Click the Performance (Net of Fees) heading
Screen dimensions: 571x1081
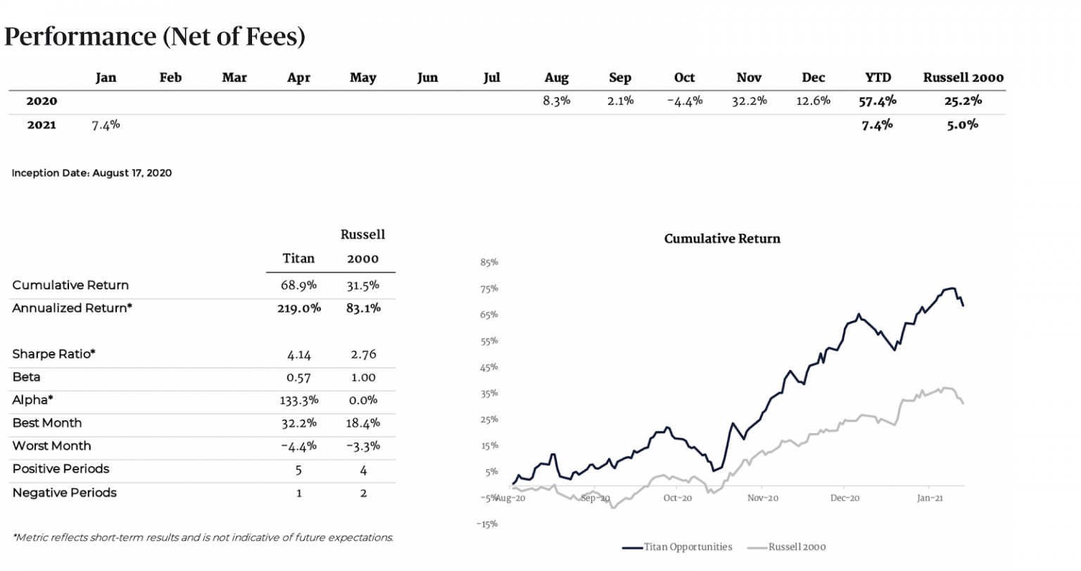155,37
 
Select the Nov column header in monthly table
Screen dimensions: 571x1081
749,77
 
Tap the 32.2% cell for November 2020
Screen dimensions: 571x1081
749,101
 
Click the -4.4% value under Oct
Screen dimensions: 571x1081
684,101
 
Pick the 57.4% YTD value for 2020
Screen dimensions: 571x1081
878,101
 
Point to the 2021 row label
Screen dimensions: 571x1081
42,125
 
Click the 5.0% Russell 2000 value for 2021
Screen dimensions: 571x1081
963,125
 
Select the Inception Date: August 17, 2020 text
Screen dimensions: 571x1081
91,173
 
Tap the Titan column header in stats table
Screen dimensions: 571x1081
298,258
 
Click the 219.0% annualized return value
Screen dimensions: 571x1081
298,308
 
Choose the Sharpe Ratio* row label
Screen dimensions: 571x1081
53,354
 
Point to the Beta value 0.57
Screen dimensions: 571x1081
298,377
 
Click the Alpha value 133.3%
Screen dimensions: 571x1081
298,400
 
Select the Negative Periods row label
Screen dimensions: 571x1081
65,492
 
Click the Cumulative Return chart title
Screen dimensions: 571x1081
722,239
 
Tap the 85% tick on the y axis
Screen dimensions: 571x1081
489,263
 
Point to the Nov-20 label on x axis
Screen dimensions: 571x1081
763,498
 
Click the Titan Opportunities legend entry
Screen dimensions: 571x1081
686,547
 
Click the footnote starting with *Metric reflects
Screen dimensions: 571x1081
203,537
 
